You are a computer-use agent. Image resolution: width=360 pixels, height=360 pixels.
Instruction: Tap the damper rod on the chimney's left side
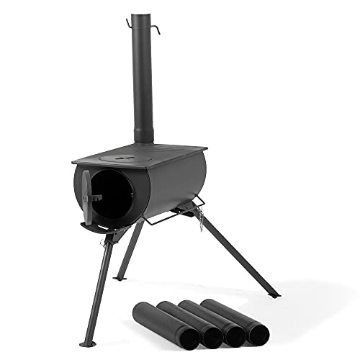click(x=129, y=23)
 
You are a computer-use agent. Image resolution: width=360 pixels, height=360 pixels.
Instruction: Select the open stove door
click(x=87, y=196)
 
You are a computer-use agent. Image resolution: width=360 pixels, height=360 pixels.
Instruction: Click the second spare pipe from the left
click(x=184, y=320)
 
